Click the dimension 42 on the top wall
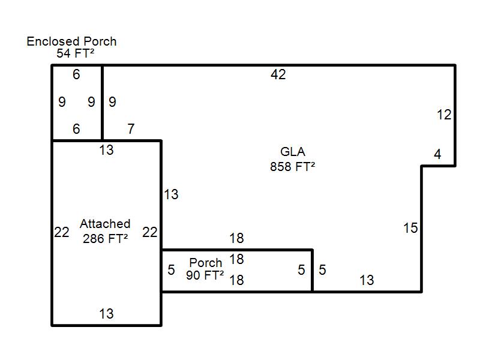click(x=278, y=74)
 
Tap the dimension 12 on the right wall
click(x=444, y=115)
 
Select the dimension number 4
click(x=437, y=154)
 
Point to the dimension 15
click(x=410, y=228)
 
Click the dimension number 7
click(x=131, y=129)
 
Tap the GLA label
click(x=293, y=152)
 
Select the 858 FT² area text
click(x=292, y=167)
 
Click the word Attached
click(x=105, y=224)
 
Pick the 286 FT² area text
click(x=106, y=238)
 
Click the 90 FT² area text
click(x=205, y=275)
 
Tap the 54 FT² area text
click(x=76, y=53)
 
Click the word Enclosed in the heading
click(x=53, y=41)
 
